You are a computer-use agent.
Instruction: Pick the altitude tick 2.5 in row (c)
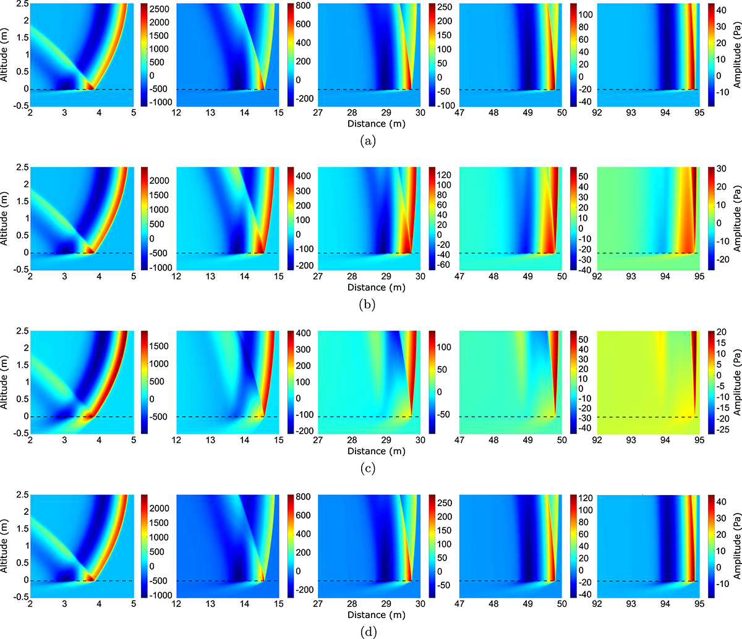(20, 331)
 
